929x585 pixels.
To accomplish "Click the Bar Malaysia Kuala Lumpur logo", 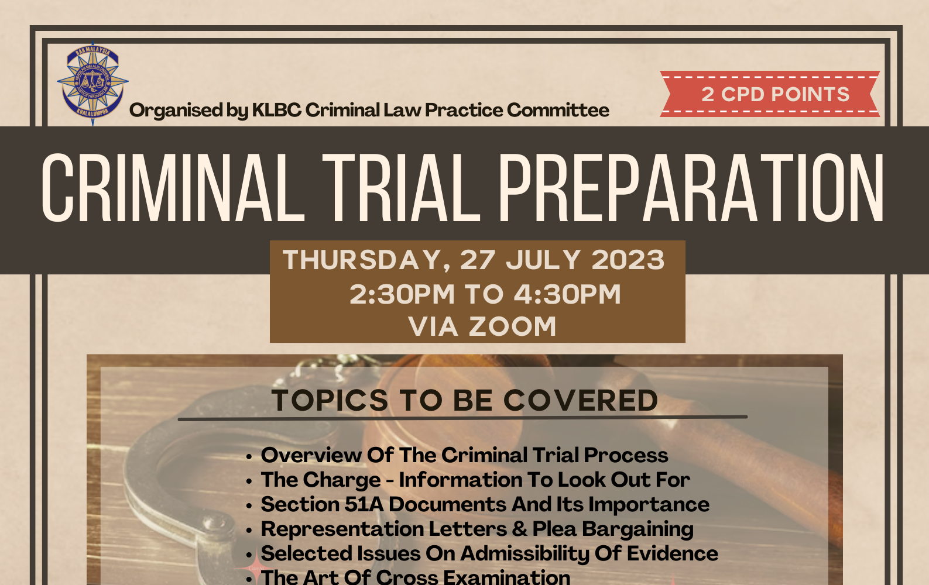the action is [x=92, y=83].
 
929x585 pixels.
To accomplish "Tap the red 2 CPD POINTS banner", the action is [x=770, y=94].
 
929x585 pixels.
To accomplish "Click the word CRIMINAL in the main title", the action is [x=173, y=188].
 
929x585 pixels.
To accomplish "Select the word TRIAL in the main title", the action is [x=401, y=188].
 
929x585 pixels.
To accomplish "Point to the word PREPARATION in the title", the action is [x=691, y=188].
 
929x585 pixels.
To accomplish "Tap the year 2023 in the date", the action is [x=628, y=260].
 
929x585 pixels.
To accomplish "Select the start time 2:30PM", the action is [x=402, y=294].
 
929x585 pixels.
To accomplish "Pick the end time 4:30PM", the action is [x=567, y=294].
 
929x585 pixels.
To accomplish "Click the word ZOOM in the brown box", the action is [x=512, y=326].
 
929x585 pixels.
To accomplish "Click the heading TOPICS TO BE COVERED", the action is [x=465, y=401].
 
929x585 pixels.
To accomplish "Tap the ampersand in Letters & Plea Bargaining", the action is [x=520, y=529].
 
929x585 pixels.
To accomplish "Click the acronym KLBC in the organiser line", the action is [x=277, y=111].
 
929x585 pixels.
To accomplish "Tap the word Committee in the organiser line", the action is [x=558, y=111].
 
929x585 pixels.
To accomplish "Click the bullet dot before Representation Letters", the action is [x=249, y=530].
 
